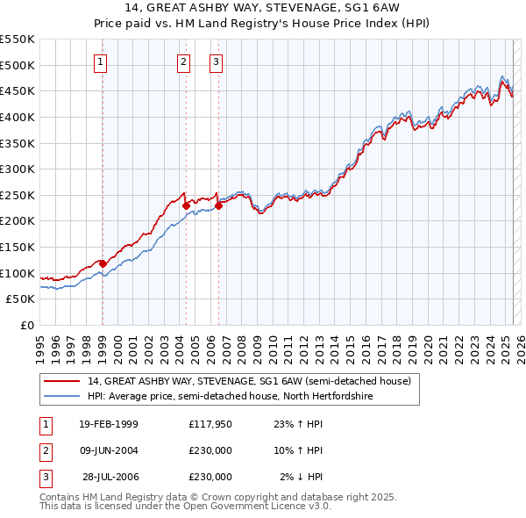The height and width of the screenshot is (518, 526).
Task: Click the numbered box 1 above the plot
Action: [102, 61]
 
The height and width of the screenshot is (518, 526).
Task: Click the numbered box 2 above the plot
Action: [183, 61]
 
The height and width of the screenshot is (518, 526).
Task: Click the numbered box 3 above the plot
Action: [216, 61]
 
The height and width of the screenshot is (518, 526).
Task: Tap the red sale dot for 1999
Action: [103, 263]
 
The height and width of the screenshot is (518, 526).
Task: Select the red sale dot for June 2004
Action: [186, 205]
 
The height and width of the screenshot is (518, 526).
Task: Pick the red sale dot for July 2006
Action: [218, 205]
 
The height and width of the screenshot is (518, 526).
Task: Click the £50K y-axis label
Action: [21, 299]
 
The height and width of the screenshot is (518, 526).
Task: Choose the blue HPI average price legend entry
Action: [230, 397]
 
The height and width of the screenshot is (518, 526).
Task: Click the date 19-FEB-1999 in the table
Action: [109, 423]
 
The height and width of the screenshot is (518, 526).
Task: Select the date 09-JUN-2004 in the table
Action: [109, 450]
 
